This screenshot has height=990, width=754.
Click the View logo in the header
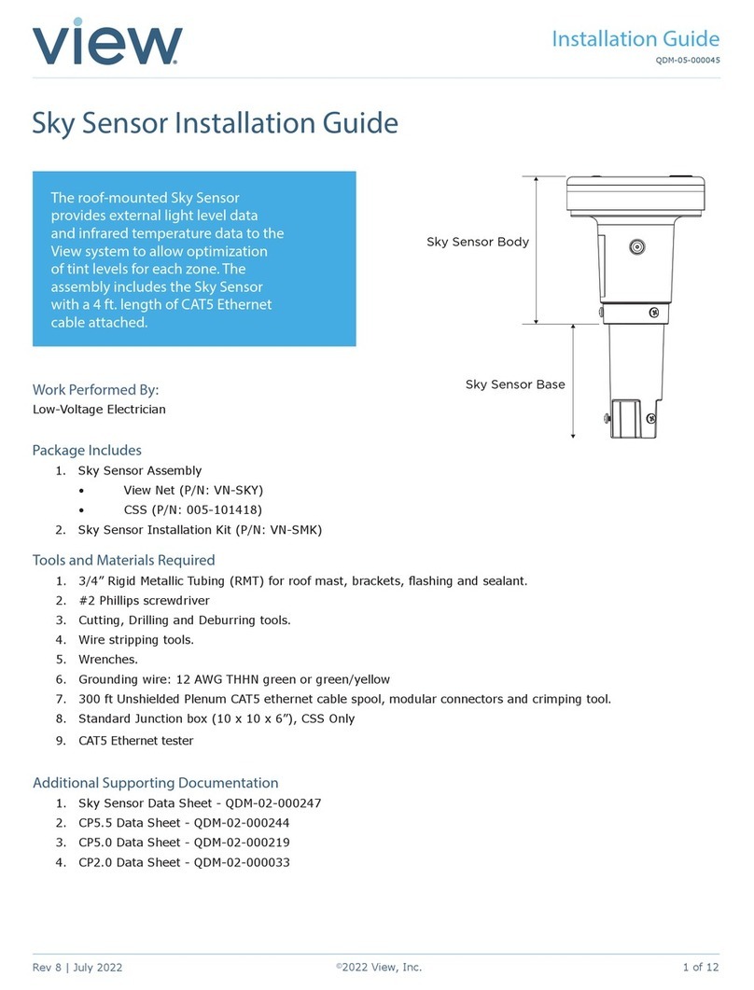point(107,44)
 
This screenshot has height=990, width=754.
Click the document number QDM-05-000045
point(684,65)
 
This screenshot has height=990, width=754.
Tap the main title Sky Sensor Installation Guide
point(216,123)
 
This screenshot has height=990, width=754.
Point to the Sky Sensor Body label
point(477,242)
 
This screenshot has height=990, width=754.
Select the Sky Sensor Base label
point(515,384)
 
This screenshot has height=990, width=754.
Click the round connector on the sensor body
point(636,247)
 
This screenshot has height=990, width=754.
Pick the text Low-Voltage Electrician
point(100,409)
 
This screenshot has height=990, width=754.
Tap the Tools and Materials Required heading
point(124,560)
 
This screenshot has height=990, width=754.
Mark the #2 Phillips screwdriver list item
point(144,601)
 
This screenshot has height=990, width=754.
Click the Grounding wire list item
point(233,679)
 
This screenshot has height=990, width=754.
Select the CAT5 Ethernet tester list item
point(135,741)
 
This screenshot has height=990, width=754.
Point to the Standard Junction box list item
point(216,718)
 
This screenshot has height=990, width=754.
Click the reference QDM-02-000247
point(258,803)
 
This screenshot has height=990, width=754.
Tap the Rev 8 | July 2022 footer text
point(77,968)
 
